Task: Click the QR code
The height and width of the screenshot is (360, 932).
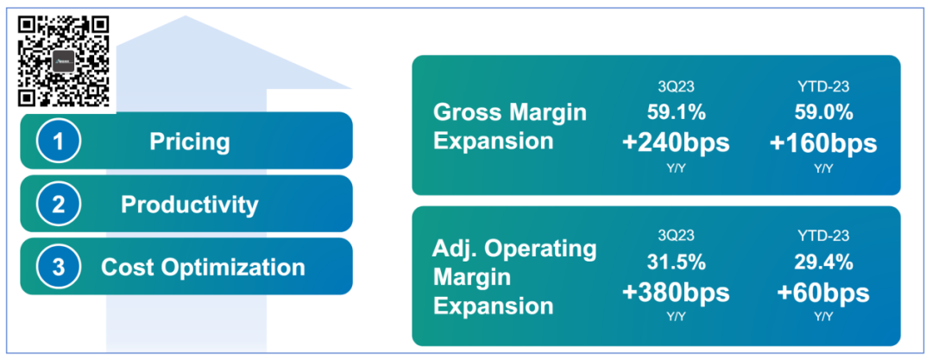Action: [x=63, y=60]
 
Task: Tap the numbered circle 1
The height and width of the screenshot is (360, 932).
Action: [x=59, y=141]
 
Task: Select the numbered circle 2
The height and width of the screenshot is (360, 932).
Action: [x=59, y=204]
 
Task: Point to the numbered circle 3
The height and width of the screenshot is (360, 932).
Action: [x=59, y=267]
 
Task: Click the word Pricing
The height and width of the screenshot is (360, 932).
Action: [x=189, y=142]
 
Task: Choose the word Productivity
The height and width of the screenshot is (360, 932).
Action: [x=190, y=204]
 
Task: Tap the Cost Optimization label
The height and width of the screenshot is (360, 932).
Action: [x=203, y=267]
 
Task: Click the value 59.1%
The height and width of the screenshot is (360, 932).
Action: [x=676, y=112]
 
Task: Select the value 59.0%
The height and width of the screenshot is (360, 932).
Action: [x=824, y=112]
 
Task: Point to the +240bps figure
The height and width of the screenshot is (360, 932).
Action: [x=676, y=142]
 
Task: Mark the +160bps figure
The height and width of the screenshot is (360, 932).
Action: [x=823, y=142]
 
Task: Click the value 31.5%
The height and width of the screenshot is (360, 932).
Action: [x=676, y=262]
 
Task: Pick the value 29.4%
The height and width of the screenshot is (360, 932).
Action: [x=824, y=262]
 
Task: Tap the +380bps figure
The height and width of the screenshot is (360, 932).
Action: [x=676, y=292]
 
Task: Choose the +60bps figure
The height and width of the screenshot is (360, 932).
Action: [x=823, y=292]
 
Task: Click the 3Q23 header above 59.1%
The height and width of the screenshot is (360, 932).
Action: [x=676, y=87]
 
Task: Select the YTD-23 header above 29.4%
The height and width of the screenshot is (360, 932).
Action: [x=824, y=236]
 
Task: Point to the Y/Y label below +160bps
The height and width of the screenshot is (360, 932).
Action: [x=823, y=168]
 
